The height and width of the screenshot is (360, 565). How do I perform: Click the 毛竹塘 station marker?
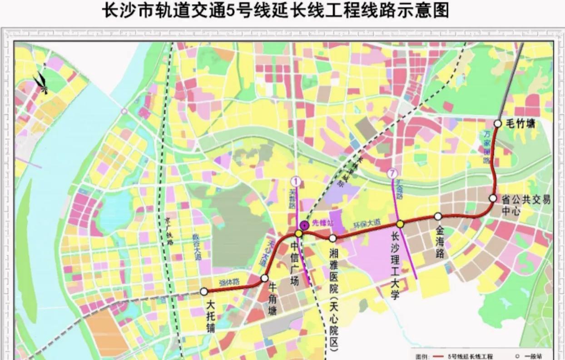pos(498,124)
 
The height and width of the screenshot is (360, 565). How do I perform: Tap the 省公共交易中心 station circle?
pos(493,198)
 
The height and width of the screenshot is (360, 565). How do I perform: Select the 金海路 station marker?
pos(438,216)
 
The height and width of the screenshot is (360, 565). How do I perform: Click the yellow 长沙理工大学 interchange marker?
pos(400,224)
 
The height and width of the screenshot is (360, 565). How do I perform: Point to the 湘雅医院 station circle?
pos(333,238)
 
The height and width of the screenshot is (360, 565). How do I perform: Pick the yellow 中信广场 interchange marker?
pos(298,234)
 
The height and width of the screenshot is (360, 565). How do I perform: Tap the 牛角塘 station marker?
pos(264,278)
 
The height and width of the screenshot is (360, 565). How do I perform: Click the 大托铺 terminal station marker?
pos(204,291)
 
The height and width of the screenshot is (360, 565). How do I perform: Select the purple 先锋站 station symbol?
pos(305,224)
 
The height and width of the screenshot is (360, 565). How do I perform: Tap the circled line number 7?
pos(392,173)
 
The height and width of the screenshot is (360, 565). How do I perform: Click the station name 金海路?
pos(440,241)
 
